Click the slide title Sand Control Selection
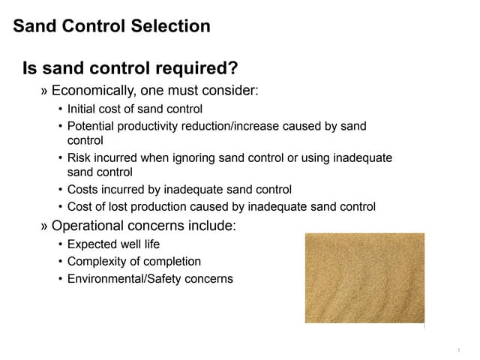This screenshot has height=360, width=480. [x=112, y=26]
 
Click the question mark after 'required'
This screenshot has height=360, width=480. [x=233, y=69]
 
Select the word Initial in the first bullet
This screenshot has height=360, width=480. [x=81, y=109]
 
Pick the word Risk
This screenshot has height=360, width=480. [x=79, y=157]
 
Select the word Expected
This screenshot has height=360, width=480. [x=91, y=244]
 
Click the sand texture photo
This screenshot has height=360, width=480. [x=364, y=277]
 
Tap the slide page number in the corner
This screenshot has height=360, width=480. [x=457, y=350]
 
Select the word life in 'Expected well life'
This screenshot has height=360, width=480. [x=151, y=244]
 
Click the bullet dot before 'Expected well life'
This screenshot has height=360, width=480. [x=60, y=244]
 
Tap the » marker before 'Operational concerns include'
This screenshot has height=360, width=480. [x=44, y=224]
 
